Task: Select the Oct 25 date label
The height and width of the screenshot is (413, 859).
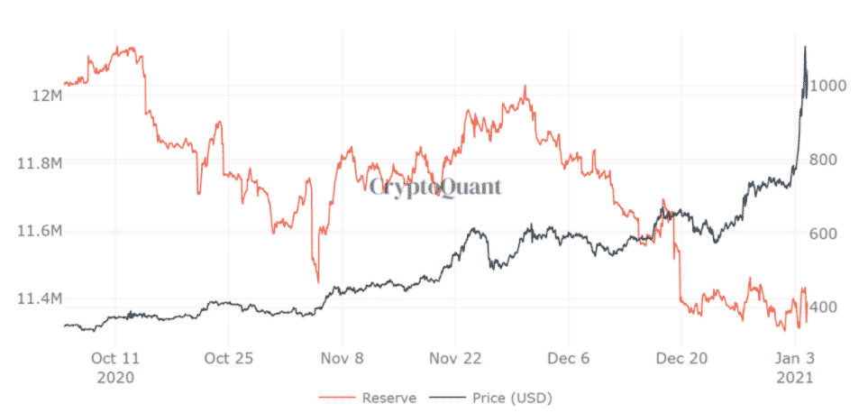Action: point(228,358)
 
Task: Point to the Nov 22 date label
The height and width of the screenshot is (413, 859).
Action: point(457,358)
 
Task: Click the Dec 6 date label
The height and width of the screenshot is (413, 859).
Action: point(570,358)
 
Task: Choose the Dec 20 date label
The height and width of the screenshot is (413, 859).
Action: point(682,358)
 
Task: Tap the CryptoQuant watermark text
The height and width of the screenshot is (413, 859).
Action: point(434,187)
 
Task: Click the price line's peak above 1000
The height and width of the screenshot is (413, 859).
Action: point(805,46)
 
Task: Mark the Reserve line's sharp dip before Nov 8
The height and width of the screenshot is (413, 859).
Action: point(317,282)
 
